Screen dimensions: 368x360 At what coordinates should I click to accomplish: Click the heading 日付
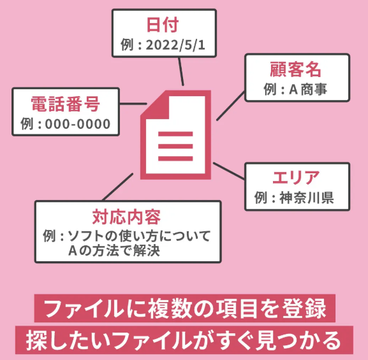click(163, 25)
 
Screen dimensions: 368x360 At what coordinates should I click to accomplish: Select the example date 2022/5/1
click(175, 45)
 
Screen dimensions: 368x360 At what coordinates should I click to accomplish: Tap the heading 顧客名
click(295, 69)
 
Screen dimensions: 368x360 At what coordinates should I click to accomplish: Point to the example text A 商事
click(307, 89)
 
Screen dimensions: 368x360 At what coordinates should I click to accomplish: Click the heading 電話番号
click(66, 104)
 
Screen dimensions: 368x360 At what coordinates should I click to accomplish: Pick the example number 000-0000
click(78, 124)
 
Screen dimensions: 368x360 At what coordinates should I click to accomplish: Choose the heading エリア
click(296, 178)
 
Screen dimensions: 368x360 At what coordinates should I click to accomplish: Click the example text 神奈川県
click(307, 198)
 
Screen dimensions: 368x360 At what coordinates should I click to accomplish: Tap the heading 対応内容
click(126, 217)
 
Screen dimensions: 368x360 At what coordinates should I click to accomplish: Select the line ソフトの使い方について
click(139, 236)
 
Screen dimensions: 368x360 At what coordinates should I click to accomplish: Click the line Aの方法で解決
click(114, 250)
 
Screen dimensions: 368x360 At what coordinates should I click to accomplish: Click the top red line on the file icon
click(175, 134)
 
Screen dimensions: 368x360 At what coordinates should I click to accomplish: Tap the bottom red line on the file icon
click(175, 159)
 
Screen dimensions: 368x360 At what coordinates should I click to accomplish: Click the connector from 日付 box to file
click(181, 71)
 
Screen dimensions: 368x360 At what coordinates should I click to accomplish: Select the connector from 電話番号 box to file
click(133, 103)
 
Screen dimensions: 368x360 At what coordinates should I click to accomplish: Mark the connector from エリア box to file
click(229, 171)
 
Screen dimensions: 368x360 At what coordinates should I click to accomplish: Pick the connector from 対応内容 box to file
click(118, 187)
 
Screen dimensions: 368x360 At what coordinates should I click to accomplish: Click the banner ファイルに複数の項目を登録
click(185, 308)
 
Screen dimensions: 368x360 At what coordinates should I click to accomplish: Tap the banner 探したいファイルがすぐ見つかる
click(184, 340)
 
